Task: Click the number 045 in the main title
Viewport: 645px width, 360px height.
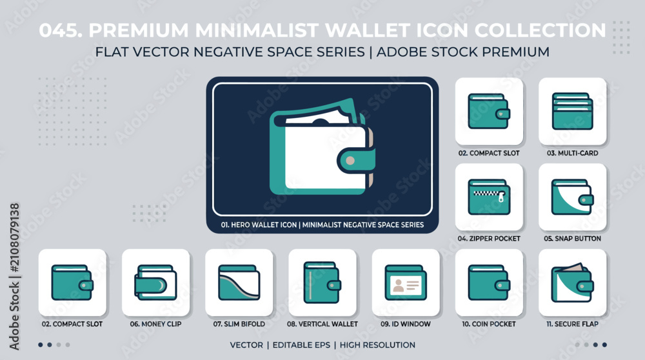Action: pyautogui.click(x=60, y=30)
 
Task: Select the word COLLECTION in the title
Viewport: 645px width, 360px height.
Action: pyautogui.click(x=540, y=30)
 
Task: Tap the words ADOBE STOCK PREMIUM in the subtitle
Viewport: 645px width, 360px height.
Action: pyautogui.click(x=462, y=52)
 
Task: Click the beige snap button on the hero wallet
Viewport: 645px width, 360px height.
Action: pyautogui.click(x=350, y=161)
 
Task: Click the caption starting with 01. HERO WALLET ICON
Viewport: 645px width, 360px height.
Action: pyautogui.click(x=322, y=225)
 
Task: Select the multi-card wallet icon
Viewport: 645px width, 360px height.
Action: pyautogui.click(x=572, y=111)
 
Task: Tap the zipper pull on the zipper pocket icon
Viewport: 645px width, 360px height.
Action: pyautogui.click(x=501, y=197)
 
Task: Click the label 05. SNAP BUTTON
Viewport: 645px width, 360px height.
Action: pyautogui.click(x=572, y=239)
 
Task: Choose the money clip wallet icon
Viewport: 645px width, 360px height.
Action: pyautogui.click(x=155, y=282)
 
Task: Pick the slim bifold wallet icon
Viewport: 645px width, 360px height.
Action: pyautogui.click(x=239, y=282)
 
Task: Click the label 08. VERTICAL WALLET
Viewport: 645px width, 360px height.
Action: pyautogui.click(x=322, y=325)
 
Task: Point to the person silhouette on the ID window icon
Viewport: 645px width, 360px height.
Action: pyautogui.click(x=398, y=285)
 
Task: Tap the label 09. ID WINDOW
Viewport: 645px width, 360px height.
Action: pyautogui.click(x=406, y=325)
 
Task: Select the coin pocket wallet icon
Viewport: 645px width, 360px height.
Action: pyautogui.click(x=489, y=283)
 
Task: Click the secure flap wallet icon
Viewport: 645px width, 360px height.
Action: pyautogui.click(x=572, y=282)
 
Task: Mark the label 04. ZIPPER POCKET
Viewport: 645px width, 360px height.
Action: pyautogui.click(x=489, y=239)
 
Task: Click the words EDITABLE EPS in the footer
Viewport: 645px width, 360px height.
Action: pyautogui.click(x=301, y=345)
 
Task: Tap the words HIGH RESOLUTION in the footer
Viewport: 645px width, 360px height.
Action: pyautogui.click(x=377, y=345)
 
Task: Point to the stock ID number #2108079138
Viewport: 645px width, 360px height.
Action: pyautogui.click(x=14, y=237)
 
